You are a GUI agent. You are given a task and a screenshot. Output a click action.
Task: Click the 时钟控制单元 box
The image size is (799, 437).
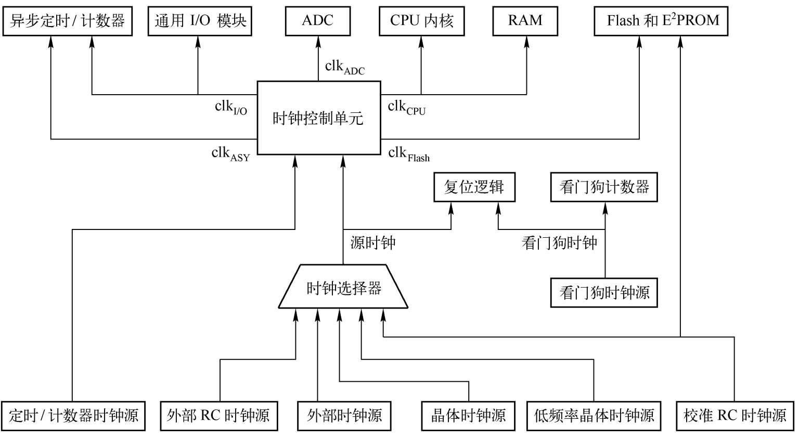[x=319, y=118]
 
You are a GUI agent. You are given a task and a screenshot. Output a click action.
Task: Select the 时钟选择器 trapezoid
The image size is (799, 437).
[x=343, y=287]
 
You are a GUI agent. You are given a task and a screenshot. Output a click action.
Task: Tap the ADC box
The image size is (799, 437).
[x=318, y=21]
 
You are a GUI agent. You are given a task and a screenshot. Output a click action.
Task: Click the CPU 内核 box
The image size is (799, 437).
[x=421, y=21]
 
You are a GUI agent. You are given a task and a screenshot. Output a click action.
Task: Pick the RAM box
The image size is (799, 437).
[x=525, y=21]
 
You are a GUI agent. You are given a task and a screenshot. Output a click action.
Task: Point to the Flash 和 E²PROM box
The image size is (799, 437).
[x=661, y=21]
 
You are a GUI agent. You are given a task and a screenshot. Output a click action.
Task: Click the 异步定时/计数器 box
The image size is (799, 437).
[x=67, y=21]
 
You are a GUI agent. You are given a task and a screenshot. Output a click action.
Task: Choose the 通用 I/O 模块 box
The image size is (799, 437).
[x=200, y=21]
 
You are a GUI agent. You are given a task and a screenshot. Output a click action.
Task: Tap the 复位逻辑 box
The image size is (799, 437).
[x=474, y=187]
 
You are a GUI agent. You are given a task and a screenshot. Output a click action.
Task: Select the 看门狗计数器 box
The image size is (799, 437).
[x=604, y=187]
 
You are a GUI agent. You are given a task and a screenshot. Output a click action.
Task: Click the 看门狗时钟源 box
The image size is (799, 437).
[x=604, y=292]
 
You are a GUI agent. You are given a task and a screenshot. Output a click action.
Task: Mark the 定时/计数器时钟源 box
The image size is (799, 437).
[x=73, y=416]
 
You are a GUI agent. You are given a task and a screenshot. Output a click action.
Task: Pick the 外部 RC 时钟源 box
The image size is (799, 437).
[x=218, y=416]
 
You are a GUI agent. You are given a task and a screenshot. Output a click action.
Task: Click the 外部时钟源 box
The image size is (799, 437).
[x=344, y=416]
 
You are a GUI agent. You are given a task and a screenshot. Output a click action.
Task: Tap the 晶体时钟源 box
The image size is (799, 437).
[x=468, y=416]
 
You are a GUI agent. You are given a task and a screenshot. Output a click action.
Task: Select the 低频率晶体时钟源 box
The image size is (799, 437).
[x=594, y=416]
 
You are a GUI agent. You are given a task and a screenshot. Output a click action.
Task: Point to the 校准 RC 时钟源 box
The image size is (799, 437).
[x=734, y=416]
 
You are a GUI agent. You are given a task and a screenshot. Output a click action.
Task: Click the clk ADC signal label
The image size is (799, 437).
[x=344, y=68]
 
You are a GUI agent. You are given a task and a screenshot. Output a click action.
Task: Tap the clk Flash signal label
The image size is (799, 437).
[x=409, y=154]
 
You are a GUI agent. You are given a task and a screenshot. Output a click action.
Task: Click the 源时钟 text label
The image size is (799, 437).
[x=373, y=242]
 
